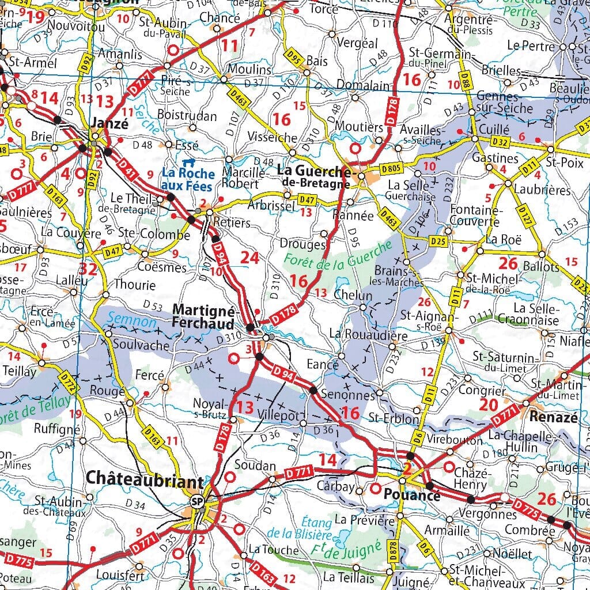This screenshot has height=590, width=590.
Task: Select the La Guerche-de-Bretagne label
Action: point(314,176)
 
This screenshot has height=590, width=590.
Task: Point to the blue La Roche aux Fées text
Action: point(188,179)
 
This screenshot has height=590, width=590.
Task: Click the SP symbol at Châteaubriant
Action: point(198,501)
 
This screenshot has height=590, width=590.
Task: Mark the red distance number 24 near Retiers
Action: point(249,258)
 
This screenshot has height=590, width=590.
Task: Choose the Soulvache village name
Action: point(141,346)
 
